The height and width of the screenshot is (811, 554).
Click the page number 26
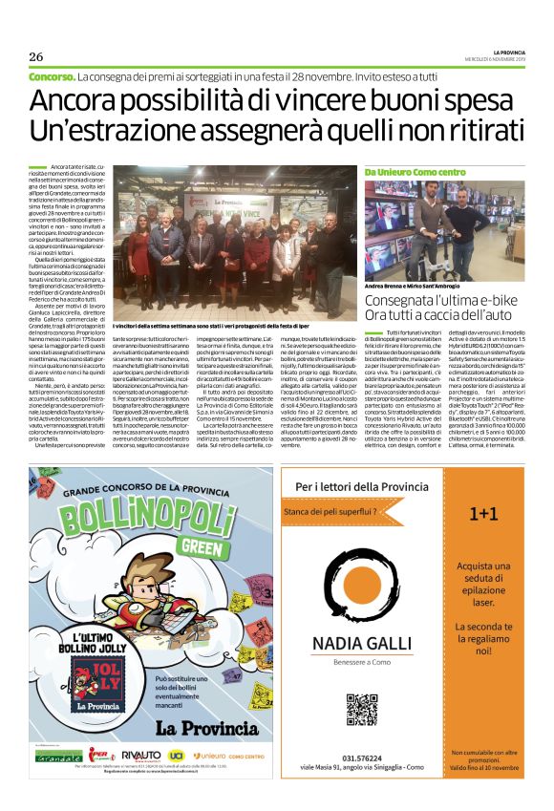35,56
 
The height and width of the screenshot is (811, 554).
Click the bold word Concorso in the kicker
53,75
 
